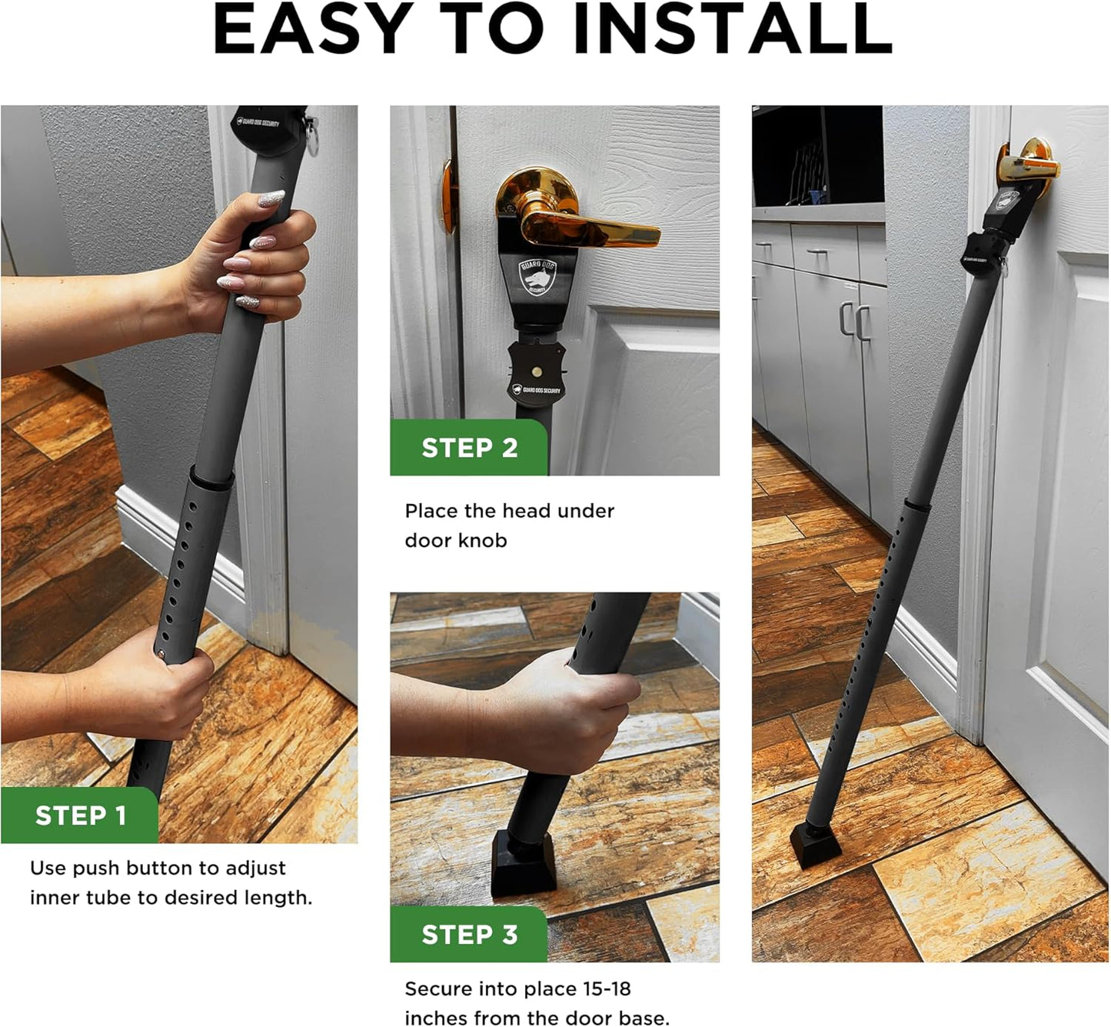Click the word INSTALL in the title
pyautogui.click(x=732, y=29)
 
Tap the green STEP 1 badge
pyautogui.click(x=80, y=815)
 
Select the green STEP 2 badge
pyautogui.click(x=469, y=448)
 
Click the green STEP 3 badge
pyautogui.click(x=469, y=935)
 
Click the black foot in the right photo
pyautogui.click(x=816, y=844)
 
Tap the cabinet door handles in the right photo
pyautogui.click(x=853, y=321)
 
